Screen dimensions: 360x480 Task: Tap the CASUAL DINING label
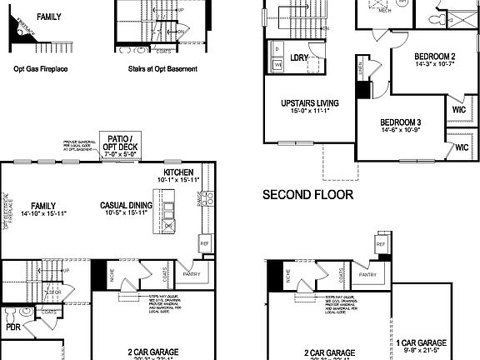126,205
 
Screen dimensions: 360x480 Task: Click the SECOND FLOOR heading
307,195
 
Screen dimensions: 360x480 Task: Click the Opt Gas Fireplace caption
41,71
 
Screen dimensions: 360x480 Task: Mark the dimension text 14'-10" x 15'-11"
37,214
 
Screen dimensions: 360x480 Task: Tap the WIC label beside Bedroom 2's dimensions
457,109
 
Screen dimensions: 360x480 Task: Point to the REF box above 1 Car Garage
381,245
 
